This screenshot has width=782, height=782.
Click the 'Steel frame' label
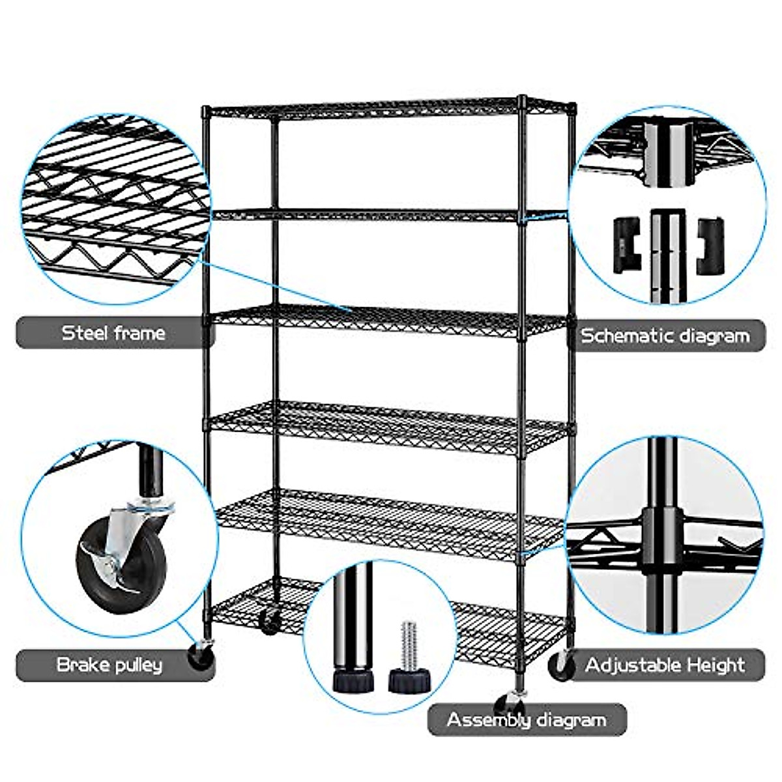113,333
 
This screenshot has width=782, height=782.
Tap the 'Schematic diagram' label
665,336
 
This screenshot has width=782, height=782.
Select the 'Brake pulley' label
109,665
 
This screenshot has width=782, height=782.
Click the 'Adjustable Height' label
665,665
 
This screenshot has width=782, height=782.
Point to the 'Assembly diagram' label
526,720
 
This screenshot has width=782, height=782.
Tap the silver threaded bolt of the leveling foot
408,645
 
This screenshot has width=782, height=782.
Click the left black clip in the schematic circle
626,244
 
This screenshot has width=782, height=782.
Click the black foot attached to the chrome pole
353,681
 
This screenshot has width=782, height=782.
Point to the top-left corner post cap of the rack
206,111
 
